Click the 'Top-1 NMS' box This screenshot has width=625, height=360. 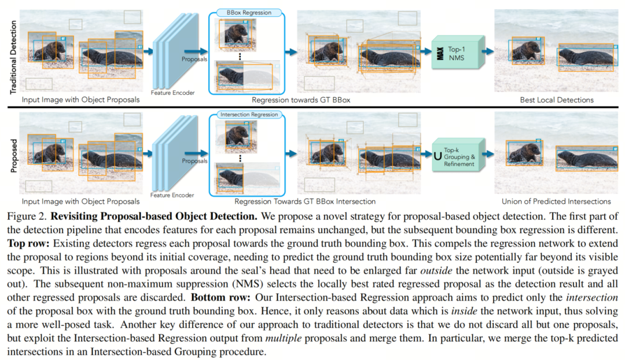458,52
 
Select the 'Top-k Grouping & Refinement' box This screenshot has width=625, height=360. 459,155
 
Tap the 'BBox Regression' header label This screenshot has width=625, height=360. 249,13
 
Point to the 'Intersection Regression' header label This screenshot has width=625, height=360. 249,115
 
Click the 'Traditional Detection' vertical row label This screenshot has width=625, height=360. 13,57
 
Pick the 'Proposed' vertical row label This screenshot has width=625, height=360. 13,156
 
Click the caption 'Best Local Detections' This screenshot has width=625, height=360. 557,100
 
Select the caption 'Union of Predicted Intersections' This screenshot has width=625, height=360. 556,202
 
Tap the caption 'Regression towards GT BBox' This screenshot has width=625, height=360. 301,100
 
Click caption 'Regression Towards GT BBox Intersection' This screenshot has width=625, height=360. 305,202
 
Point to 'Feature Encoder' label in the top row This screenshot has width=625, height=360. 172,93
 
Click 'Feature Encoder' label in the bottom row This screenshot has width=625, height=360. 172,196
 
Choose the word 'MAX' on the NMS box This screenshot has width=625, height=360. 440,53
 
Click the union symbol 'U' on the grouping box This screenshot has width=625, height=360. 437,156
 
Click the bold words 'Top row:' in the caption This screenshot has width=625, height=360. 28,244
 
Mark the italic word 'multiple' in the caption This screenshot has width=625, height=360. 284,339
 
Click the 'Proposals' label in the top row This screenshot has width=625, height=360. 194,60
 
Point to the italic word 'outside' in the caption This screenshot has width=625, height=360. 436,271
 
